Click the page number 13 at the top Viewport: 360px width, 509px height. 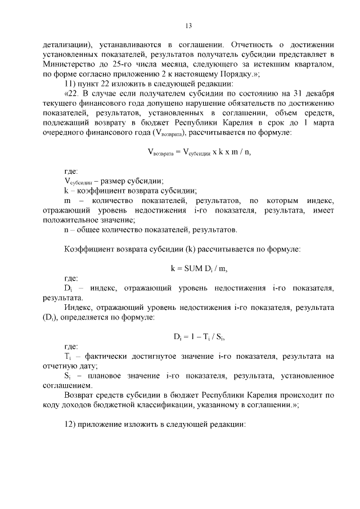(x=189, y=25)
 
